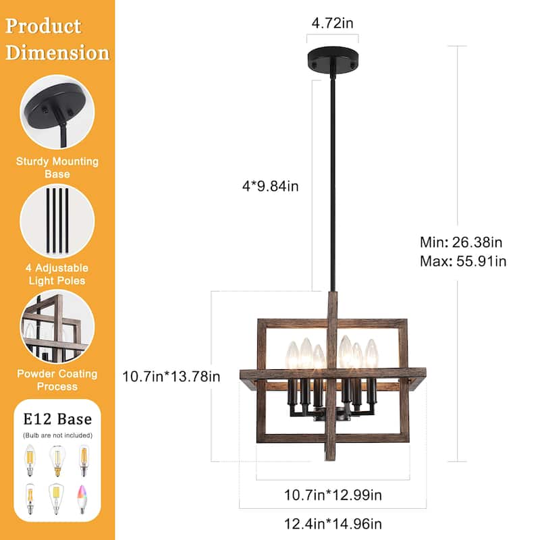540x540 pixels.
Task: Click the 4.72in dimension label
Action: pos(331,23)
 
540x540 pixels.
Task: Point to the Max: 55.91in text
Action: pos(462,261)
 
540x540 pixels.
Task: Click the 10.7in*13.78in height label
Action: pos(171,376)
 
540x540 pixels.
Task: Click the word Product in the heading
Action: pos(43,26)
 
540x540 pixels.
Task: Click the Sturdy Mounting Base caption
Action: pos(57,167)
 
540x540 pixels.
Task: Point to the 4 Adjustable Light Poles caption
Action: pos(57,274)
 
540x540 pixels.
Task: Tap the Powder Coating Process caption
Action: pos(57,380)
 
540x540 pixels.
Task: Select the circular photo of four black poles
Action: pos(57,220)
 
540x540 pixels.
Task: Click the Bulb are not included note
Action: pos(57,435)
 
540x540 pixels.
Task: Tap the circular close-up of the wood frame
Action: pos(57,326)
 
